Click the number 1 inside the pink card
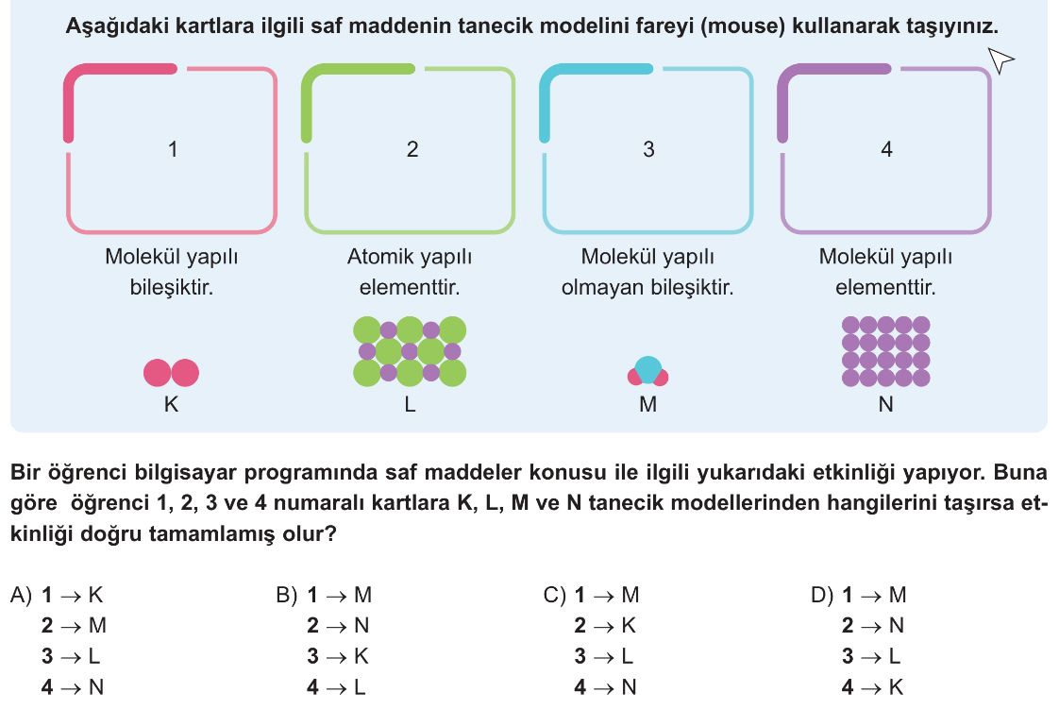173,148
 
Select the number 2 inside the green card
412,148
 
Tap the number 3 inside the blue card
648,148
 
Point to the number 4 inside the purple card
887,148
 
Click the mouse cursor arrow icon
1000,59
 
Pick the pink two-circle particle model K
172,373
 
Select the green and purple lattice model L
410,351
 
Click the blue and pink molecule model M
647,371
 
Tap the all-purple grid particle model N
886,351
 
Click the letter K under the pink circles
171,404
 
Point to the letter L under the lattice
410,404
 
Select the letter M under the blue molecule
647,404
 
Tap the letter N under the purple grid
886,404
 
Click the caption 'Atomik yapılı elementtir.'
410,272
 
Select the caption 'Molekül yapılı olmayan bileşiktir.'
647,272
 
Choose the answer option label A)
21,595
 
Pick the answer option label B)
287,595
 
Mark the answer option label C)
554,595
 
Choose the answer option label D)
822,595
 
